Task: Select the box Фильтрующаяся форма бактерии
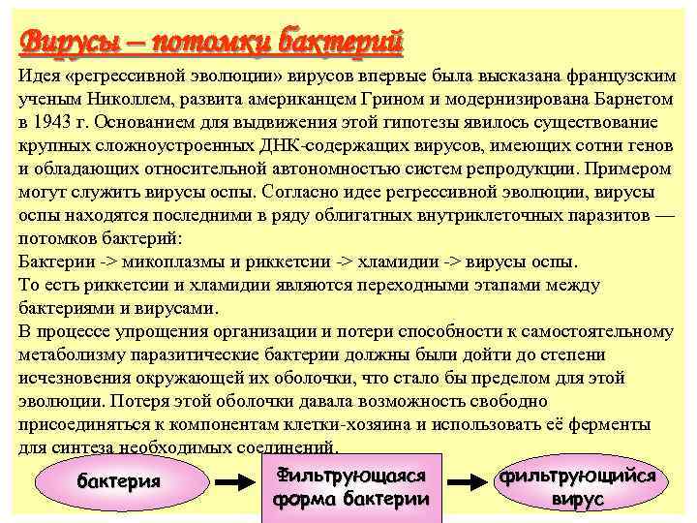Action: click(x=351, y=486)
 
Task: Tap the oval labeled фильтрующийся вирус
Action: click(x=578, y=486)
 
